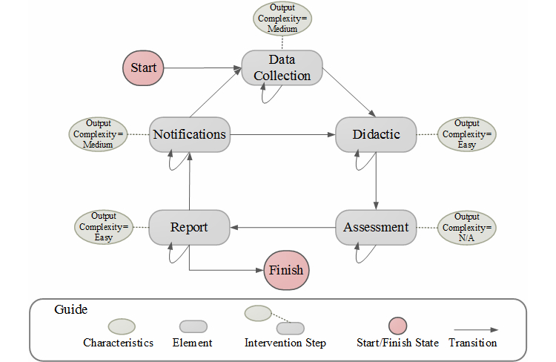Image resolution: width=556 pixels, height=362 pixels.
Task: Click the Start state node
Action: [143, 68]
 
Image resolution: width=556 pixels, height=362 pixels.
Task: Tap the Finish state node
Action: [286, 270]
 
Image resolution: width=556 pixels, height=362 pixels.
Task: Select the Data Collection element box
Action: [282, 68]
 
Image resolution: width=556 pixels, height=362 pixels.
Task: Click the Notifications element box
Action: [189, 134]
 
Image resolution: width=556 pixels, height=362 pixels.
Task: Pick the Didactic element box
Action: [377, 134]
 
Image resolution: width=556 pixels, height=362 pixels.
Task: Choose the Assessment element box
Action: [376, 227]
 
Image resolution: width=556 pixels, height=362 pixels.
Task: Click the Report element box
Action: [189, 227]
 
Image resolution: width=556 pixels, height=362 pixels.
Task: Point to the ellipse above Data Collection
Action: [282, 19]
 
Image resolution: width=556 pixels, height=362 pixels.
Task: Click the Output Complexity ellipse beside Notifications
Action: [99, 134]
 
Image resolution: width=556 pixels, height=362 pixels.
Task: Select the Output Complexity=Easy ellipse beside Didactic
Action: [466, 134]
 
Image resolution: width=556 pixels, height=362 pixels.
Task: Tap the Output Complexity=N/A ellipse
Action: [466, 227]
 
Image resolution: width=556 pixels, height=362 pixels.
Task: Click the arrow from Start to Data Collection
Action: [204, 68]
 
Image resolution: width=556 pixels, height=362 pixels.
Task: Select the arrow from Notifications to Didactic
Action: [282, 134]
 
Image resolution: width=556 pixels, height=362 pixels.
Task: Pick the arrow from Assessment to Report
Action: [282, 227]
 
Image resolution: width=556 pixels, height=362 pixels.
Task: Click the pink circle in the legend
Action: [397, 326]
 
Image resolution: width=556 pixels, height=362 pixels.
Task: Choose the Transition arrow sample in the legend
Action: [474, 329]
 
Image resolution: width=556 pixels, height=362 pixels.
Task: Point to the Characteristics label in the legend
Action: [118, 343]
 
